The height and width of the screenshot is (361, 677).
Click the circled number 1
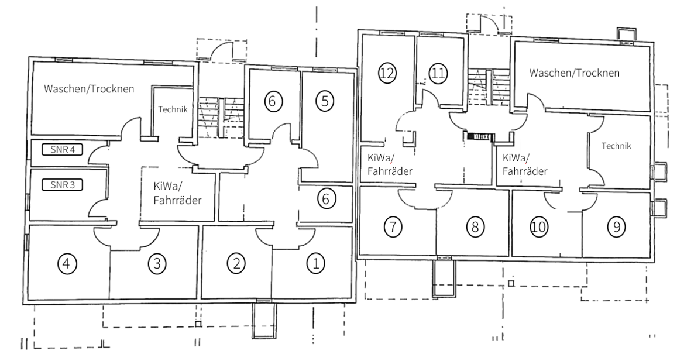click(x=315, y=263)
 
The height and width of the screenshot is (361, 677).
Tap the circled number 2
click(x=236, y=263)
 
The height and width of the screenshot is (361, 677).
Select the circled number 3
click(x=157, y=263)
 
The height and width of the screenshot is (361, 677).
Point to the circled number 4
click(x=67, y=263)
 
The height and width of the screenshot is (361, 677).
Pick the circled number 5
click(x=325, y=101)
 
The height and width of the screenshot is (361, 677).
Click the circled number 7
click(x=393, y=226)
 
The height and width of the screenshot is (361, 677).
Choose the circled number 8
click(x=475, y=226)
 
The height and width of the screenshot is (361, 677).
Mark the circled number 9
click(x=617, y=226)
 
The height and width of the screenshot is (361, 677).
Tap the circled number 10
click(x=538, y=226)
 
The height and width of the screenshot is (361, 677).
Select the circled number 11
click(x=438, y=73)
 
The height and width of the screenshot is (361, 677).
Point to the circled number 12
click(x=387, y=73)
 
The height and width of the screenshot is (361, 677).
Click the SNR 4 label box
click(x=62, y=150)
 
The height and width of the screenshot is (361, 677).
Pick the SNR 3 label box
click(x=62, y=185)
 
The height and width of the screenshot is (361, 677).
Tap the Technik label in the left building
click(x=173, y=109)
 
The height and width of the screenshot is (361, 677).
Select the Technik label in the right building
click(x=617, y=146)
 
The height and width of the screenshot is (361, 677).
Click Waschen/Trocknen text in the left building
click(x=89, y=89)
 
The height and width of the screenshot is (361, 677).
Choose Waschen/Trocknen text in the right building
click(x=575, y=73)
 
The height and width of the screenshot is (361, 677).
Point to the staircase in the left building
click(x=220, y=118)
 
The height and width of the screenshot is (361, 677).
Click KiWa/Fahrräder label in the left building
click(x=177, y=194)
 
